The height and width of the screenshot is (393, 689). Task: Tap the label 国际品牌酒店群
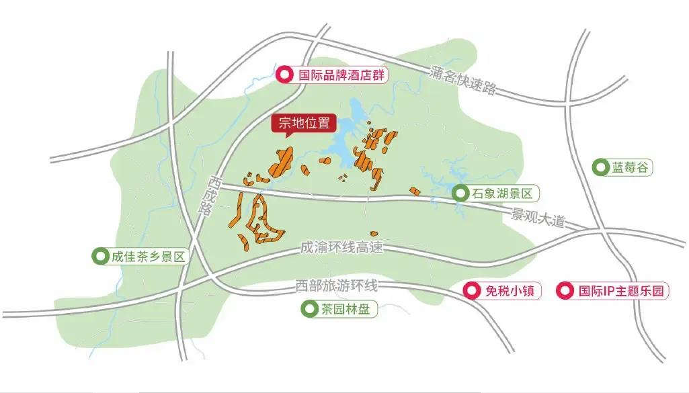341,75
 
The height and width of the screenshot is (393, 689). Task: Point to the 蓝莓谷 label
631,168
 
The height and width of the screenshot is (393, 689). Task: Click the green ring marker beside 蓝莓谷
599,168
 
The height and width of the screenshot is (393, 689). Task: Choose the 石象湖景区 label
501,194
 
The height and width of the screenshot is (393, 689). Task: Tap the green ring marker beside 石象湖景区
460,194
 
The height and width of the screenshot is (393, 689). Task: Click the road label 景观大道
538,218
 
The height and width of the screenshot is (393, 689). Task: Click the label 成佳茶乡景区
147,256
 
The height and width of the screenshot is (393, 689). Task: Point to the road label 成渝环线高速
341,247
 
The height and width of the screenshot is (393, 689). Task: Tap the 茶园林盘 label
344,310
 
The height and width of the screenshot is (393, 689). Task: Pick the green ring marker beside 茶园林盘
309,310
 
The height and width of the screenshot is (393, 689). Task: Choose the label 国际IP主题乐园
621,291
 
